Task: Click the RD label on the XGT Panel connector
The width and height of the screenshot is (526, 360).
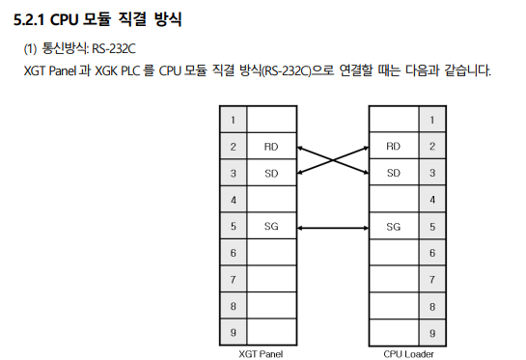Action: (x=270, y=147)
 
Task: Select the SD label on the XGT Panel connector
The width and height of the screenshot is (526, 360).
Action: (x=270, y=174)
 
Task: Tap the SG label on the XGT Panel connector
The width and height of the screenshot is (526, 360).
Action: (x=270, y=227)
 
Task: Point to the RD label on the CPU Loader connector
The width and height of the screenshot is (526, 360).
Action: (x=393, y=147)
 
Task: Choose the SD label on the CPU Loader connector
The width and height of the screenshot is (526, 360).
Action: (x=393, y=174)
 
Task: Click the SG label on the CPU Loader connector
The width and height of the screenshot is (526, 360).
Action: (x=393, y=227)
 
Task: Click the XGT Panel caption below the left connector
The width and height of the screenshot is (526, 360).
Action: (x=261, y=353)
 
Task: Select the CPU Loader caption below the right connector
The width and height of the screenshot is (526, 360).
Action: (x=407, y=353)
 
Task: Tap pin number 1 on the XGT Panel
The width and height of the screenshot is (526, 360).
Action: (x=233, y=121)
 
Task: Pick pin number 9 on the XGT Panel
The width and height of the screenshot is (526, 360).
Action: (x=233, y=333)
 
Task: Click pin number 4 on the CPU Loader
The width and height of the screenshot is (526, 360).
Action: (x=431, y=200)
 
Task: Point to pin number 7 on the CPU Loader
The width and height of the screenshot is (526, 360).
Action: (x=431, y=280)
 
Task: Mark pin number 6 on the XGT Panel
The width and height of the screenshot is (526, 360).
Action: (x=233, y=253)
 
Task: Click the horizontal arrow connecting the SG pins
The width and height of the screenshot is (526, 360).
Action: (x=332, y=228)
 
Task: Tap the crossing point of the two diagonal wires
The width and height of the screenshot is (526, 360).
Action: (x=332, y=160)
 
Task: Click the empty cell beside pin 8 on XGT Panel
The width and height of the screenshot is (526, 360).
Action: (x=271, y=306)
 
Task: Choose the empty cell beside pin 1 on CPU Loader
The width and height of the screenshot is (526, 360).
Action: (x=393, y=121)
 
